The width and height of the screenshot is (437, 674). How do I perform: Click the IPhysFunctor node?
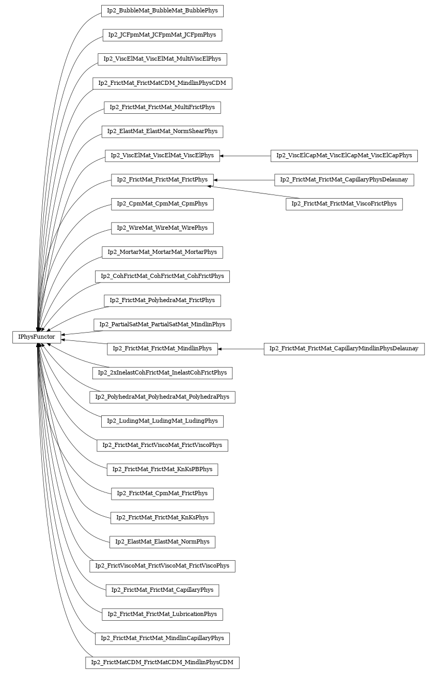37,337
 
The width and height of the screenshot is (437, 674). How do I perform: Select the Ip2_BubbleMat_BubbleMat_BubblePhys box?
162,11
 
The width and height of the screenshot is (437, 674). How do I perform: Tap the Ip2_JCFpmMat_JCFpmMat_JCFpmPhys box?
162,35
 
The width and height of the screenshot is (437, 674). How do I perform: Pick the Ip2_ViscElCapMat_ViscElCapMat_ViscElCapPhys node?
344,156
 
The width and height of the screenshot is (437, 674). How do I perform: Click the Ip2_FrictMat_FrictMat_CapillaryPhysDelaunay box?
344,180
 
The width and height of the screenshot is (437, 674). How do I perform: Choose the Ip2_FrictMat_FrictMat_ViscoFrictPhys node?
344,204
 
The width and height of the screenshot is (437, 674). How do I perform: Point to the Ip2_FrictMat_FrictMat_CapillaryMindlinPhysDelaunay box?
344,349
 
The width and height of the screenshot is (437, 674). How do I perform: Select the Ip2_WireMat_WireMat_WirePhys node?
162,228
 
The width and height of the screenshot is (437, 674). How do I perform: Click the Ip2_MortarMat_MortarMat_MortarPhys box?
162,252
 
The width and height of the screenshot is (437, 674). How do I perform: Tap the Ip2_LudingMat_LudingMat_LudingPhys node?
162,421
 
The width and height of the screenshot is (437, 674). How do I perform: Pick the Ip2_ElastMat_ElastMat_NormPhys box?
162,542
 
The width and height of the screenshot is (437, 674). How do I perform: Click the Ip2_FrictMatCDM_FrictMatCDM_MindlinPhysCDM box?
162,663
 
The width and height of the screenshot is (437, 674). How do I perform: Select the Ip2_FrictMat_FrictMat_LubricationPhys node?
162,615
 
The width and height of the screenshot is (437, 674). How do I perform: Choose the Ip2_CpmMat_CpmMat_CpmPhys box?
162,204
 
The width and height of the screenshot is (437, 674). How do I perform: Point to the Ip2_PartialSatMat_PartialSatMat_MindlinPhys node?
162,325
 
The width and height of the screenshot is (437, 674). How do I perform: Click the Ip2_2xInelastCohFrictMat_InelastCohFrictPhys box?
162,373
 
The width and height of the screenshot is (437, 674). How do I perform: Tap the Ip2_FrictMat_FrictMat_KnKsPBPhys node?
162,470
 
